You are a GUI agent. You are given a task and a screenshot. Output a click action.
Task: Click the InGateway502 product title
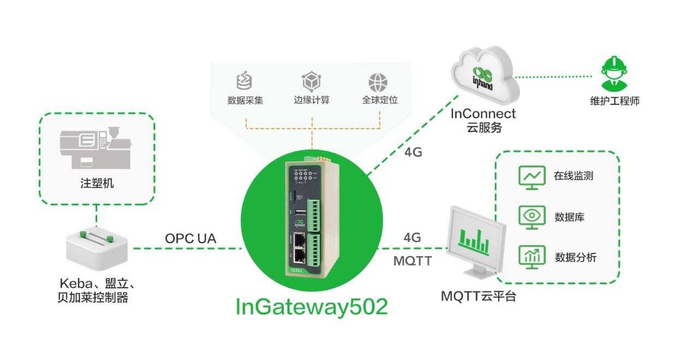[x=311, y=307]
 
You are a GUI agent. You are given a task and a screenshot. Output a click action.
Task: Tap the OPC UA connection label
[x=191, y=239]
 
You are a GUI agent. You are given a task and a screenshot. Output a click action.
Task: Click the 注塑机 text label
[x=97, y=183]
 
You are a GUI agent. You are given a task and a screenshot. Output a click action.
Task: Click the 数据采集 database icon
[x=245, y=82]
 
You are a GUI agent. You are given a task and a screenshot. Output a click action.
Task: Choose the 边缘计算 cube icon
[x=311, y=82]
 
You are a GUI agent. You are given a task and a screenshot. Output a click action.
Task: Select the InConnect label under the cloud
[x=483, y=114]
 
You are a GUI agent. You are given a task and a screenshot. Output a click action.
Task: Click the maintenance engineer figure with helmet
[x=613, y=73]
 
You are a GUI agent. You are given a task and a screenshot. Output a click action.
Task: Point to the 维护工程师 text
[x=614, y=101]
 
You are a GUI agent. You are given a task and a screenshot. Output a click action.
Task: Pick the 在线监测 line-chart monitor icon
[x=531, y=176]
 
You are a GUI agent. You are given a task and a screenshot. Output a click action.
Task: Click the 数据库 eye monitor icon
[x=531, y=217]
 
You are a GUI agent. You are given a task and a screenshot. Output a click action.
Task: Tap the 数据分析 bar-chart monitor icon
[x=531, y=257]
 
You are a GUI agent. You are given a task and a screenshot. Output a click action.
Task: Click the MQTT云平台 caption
[x=478, y=297]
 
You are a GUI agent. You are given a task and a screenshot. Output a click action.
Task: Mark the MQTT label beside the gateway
[x=412, y=261]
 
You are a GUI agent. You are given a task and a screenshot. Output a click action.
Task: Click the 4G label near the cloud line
[x=413, y=152]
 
